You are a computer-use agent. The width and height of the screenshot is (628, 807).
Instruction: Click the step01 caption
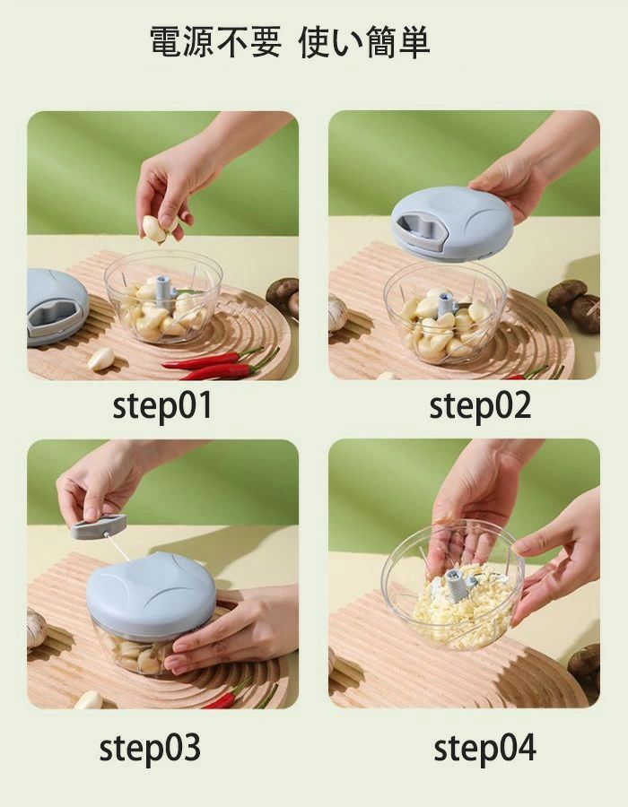coord(162,405)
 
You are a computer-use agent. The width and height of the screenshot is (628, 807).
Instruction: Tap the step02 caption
coord(480,405)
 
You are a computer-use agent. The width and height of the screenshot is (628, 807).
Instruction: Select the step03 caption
coord(149,748)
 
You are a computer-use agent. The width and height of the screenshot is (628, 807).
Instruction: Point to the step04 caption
coord(484,748)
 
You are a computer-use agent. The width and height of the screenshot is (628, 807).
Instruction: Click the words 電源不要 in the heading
coord(215,41)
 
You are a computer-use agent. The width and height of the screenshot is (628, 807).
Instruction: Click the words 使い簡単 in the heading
coord(364,41)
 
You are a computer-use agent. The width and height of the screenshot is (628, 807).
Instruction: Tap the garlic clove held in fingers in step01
coord(154,229)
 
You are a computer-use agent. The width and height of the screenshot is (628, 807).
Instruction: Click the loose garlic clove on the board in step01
coord(100,359)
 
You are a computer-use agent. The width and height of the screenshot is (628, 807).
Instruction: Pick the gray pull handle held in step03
coord(99,526)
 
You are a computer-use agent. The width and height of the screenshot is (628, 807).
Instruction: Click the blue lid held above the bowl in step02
coord(452,224)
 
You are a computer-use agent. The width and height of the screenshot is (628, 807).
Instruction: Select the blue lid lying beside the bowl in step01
coord(57,307)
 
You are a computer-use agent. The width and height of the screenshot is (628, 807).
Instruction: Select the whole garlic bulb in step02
coord(337,313)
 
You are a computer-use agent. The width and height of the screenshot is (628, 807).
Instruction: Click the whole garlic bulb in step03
coord(36,628)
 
